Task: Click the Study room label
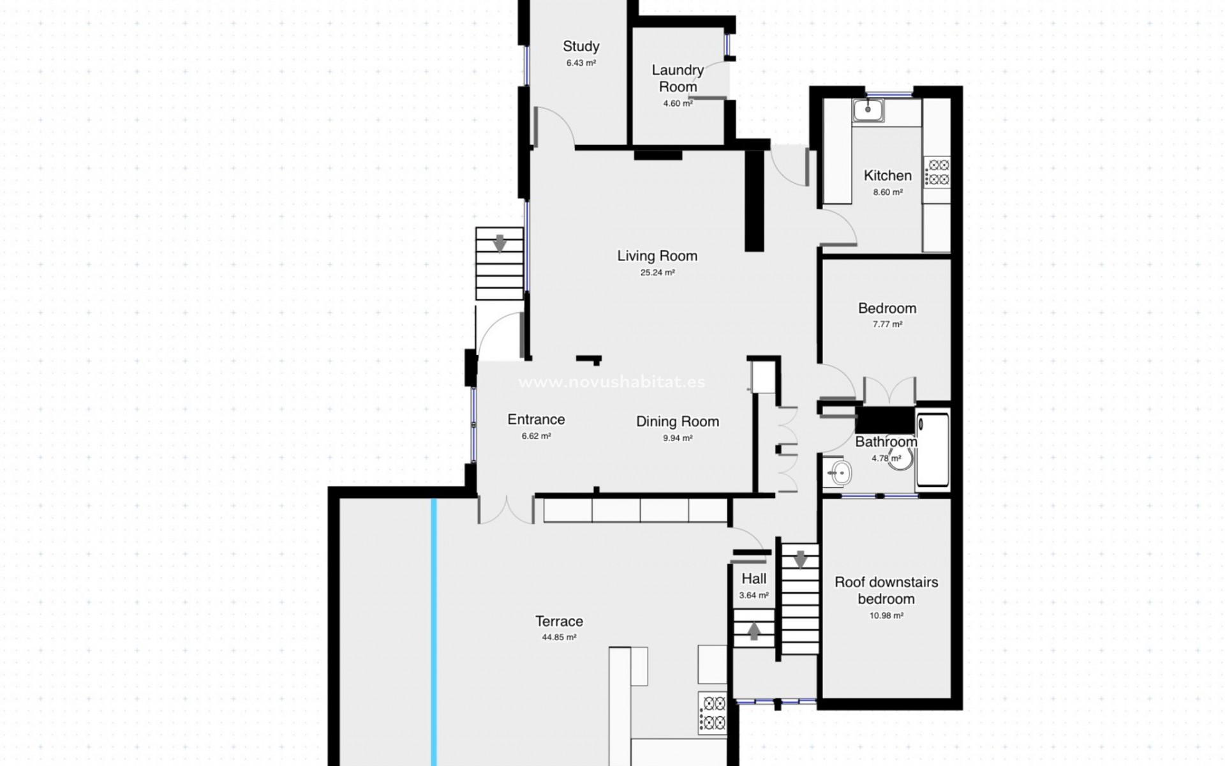pos(581,47)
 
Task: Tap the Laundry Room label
pos(678,78)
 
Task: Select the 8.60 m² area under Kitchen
pos(887,192)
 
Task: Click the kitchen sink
pos(868,110)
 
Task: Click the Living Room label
pos(657,256)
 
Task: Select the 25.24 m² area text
pos(657,273)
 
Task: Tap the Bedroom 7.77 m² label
pos(887,309)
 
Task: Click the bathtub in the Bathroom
pos(932,451)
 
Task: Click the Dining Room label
pos(677,421)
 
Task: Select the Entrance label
pos(536,419)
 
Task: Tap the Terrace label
pos(559,621)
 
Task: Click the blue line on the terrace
pos(434,632)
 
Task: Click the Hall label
pos(754,579)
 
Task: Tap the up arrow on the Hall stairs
pos(754,631)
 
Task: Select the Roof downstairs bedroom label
pos(886,590)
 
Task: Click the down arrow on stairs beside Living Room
pos(500,243)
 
